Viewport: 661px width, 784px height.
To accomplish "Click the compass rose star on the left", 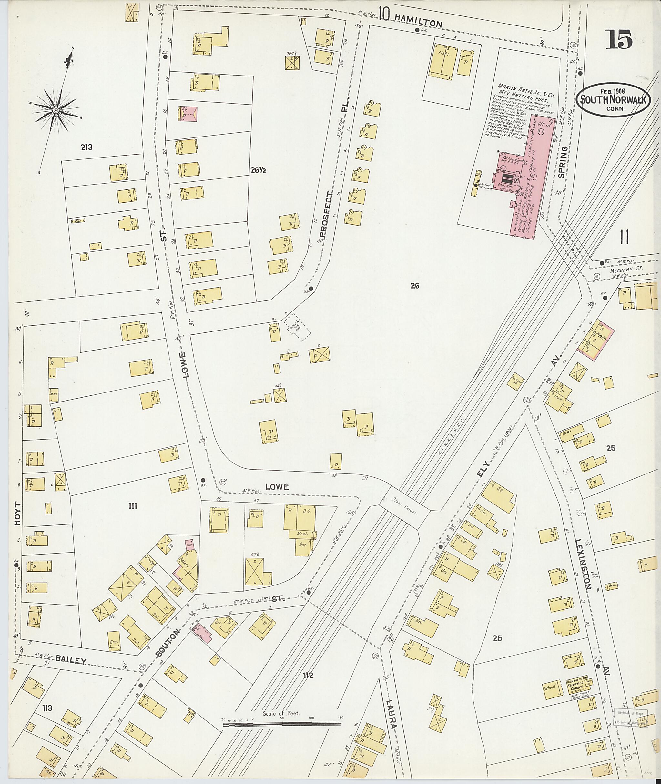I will (x=55, y=110).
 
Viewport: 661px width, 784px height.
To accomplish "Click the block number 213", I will (x=86, y=147).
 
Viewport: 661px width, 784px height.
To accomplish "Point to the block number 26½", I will (x=258, y=170).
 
